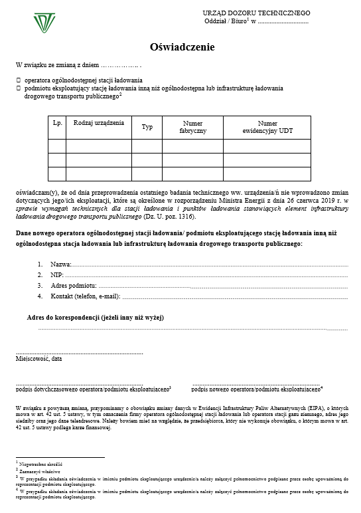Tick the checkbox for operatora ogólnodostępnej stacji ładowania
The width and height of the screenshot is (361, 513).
point(19,80)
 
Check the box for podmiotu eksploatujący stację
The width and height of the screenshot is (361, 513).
point(19,87)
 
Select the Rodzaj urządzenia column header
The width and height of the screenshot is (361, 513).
point(98,124)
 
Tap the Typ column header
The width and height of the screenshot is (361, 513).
point(147,127)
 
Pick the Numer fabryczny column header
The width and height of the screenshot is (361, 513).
point(192,127)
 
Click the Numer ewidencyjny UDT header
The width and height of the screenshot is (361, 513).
point(267,127)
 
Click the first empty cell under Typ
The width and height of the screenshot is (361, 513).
point(147,146)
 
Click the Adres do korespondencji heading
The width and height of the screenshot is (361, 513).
point(95,318)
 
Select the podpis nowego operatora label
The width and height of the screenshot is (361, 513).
point(256,389)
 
